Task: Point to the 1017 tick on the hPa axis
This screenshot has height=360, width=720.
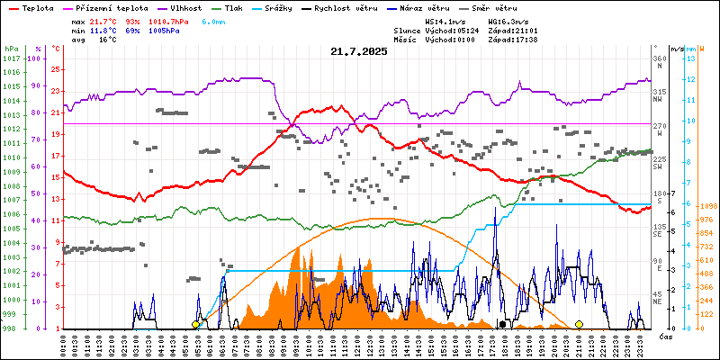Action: coord(11,59)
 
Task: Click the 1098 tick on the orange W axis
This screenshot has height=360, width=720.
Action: coord(706,205)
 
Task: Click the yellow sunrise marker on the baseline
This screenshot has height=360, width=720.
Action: coord(196,324)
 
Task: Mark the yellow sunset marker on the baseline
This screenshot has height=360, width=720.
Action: coord(579,324)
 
